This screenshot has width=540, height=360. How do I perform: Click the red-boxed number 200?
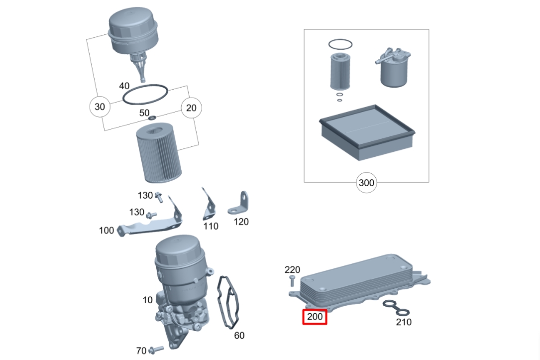[315, 317]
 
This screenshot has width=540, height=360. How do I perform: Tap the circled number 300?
[366, 183]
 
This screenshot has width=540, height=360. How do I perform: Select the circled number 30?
[100, 107]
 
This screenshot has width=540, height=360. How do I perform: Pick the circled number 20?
[191, 108]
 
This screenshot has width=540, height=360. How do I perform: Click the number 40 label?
[124, 86]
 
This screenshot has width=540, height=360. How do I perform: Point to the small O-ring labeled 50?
[152, 118]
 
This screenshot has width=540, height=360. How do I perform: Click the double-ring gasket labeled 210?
[396, 308]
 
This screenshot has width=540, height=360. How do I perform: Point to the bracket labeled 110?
[209, 205]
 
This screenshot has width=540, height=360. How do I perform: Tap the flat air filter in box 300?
[367, 132]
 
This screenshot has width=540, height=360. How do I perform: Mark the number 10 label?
[147, 300]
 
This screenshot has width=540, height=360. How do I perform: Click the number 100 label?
[107, 230]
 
